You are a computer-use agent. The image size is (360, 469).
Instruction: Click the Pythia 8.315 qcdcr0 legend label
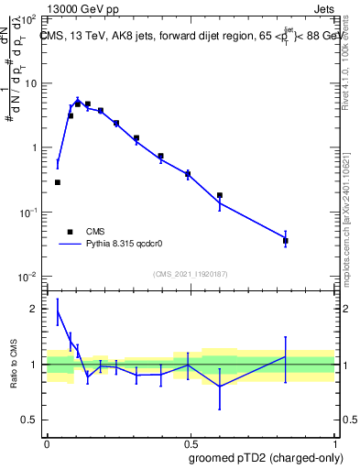coord(131,245)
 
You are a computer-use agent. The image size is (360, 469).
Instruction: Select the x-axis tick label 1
coord(336,442)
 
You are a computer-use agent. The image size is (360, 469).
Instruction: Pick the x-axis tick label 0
coord(46,442)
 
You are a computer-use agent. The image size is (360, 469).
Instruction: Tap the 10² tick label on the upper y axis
coord(28,19)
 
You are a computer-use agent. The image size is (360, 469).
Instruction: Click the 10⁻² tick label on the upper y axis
coord(28,277)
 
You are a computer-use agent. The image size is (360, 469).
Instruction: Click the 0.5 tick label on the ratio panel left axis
coord(31,420)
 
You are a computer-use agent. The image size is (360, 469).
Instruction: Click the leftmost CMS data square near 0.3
coord(58,182)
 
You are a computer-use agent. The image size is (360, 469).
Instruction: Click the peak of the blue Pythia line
coord(78,100)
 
